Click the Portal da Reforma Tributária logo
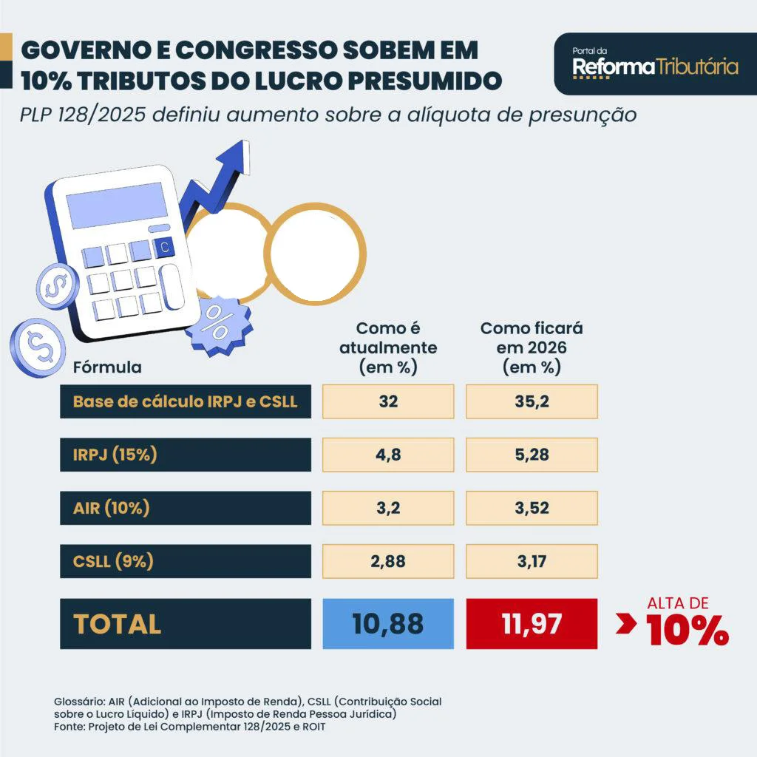(x=655, y=64)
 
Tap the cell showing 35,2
(x=532, y=401)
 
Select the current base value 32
(x=388, y=401)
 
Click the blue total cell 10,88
(x=388, y=623)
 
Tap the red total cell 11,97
(x=532, y=623)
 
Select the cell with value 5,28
(x=532, y=455)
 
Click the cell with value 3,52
(x=532, y=508)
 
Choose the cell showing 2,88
(x=388, y=561)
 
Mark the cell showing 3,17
(x=532, y=561)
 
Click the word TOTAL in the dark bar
(x=118, y=624)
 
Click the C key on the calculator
(x=164, y=248)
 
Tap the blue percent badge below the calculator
(x=218, y=322)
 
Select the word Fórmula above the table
(x=107, y=367)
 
